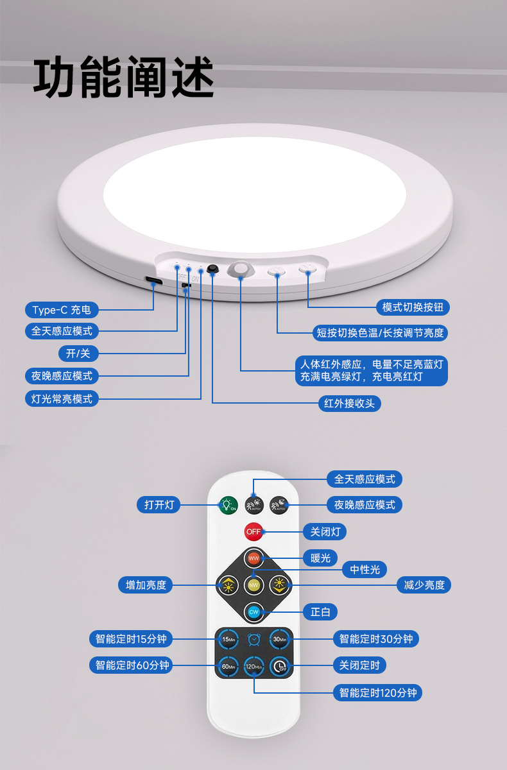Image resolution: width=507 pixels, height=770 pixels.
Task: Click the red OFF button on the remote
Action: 253,531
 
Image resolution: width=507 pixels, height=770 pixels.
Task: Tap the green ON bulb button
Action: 228,505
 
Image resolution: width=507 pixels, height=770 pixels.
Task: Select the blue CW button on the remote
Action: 253,612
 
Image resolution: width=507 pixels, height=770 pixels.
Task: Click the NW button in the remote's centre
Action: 253,585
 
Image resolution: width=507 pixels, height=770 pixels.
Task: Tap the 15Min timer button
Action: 228,639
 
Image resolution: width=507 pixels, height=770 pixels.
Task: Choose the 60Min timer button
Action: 228,666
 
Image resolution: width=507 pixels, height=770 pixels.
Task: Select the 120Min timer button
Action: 253,667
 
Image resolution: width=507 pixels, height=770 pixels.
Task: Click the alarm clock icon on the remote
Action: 254,639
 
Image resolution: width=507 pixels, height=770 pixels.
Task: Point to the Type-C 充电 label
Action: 62,310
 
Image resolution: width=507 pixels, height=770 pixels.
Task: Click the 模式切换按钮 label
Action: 413,307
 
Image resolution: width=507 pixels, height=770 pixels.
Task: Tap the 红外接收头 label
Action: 350,404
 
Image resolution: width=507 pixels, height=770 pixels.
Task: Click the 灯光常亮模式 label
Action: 62,398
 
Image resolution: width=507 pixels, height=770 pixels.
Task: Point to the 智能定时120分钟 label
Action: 377,693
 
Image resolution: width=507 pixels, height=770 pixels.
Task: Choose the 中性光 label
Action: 365,569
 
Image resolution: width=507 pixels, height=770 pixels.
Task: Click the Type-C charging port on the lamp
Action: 153,281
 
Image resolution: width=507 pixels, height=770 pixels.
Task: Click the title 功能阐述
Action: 123,78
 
